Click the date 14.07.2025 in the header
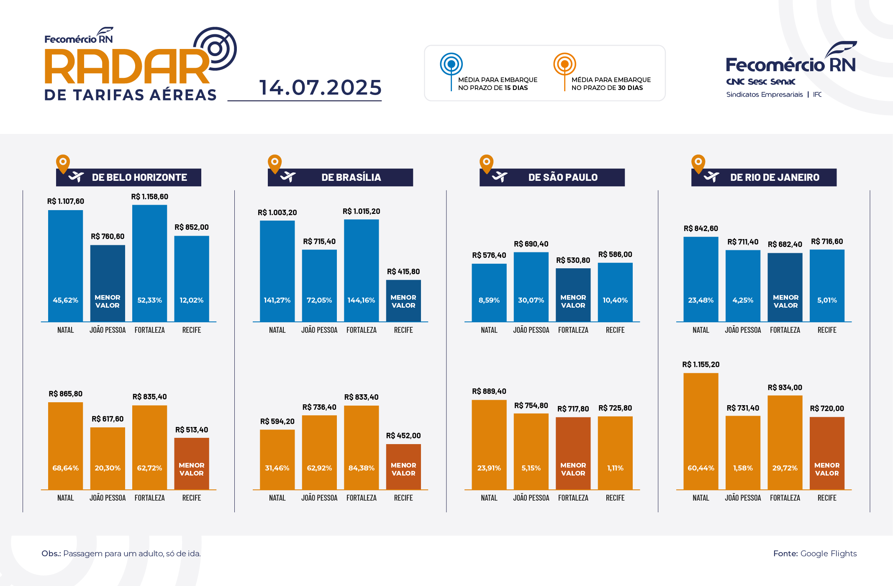(320, 87)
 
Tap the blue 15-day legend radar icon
(451, 64)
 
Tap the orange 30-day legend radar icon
(565, 64)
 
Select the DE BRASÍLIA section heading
(351, 177)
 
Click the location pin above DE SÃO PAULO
(486, 163)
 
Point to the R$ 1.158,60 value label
(149, 197)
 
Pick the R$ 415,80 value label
(403, 272)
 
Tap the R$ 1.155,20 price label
(701, 365)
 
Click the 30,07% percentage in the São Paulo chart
(531, 300)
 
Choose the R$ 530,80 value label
(573, 260)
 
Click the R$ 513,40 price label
(191, 430)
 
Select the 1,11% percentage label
(615, 468)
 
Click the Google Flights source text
(828, 553)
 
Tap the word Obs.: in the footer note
(51, 553)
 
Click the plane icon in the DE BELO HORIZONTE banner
(77, 177)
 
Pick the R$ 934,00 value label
(785, 388)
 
